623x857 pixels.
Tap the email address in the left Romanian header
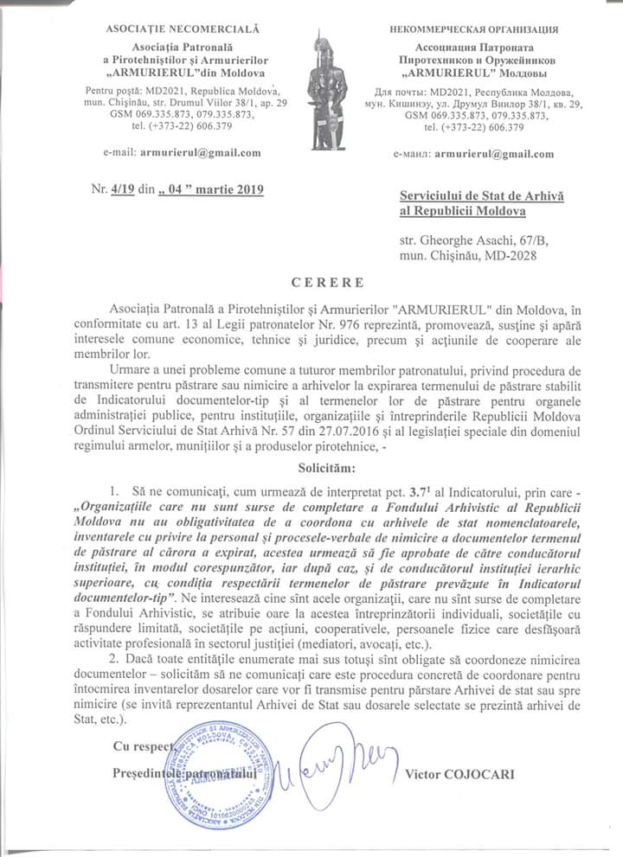point(202,154)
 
